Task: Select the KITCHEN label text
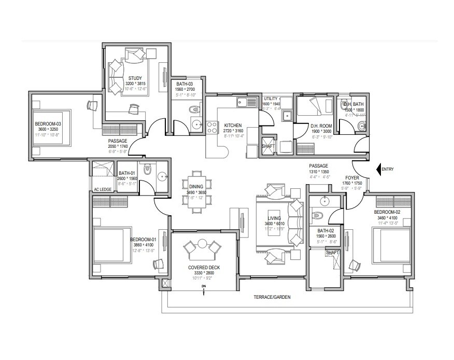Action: click(233, 126)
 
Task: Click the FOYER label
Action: click(354, 177)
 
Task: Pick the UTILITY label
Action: click(271, 98)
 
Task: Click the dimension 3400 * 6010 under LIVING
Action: click(274, 224)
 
